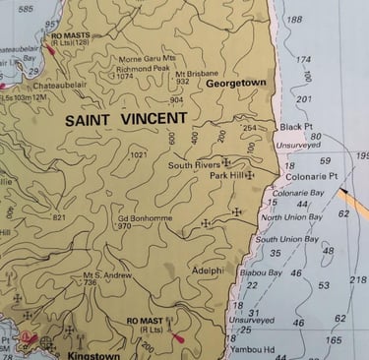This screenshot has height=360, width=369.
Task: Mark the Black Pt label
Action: coord(294,127)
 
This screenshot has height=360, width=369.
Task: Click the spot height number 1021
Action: coord(138,155)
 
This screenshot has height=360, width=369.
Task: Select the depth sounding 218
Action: coord(358,280)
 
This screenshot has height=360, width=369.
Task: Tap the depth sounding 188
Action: coord(294,20)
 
